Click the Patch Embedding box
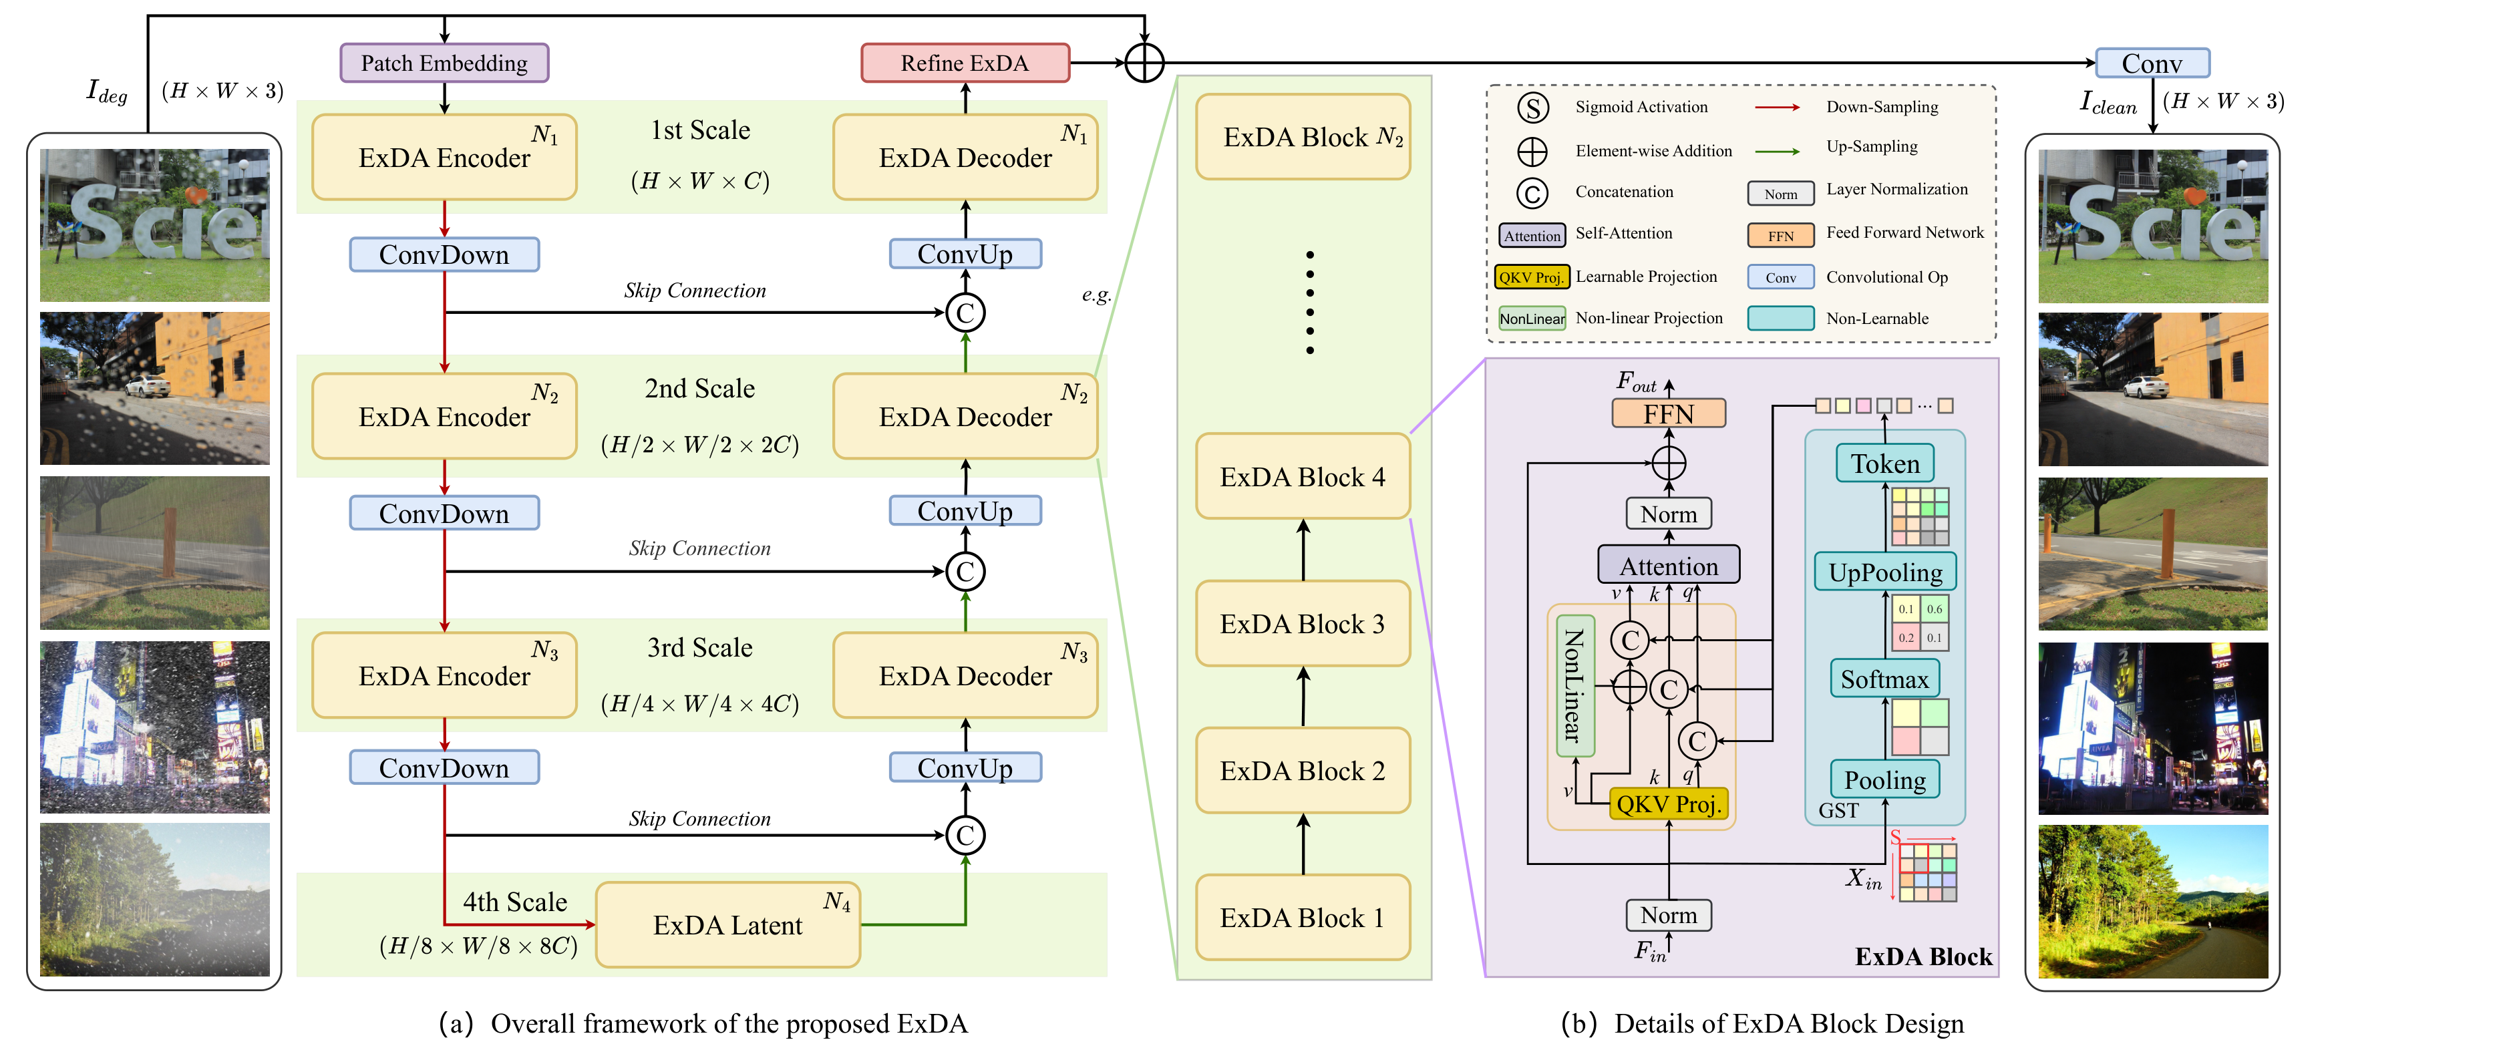tap(444, 63)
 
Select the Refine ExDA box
tap(965, 63)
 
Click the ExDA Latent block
tap(727, 925)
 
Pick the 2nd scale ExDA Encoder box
tap(444, 416)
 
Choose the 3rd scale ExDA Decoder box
tap(965, 676)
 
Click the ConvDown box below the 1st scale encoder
tap(444, 254)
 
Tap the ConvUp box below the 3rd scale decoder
tap(965, 767)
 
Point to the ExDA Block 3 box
tap(1302, 623)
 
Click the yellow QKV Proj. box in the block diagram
tap(1669, 804)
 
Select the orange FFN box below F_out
tap(1669, 413)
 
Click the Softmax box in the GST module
tap(1884, 679)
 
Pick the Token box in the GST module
tap(1884, 464)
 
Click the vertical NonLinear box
tap(1574, 685)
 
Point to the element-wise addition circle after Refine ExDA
tap(1144, 63)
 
